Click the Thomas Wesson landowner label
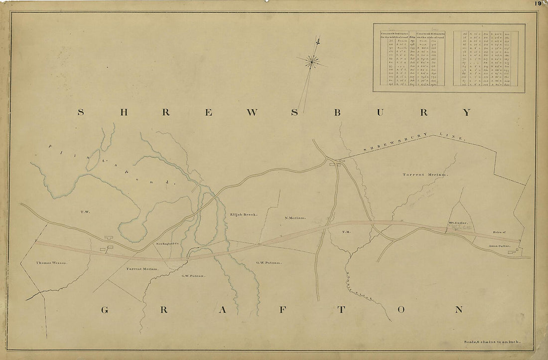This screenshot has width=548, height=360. [x=51, y=262]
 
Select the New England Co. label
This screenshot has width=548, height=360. [x=167, y=243]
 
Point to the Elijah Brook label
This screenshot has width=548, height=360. [x=243, y=214]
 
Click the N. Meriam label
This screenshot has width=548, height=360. [x=295, y=217]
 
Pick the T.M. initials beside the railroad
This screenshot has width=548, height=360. [x=347, y=232]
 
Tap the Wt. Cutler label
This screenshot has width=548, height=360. [x=457, y=223]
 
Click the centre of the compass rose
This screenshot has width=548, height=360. [x=312, y=61]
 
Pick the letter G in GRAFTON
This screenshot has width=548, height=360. [x=105, y=310]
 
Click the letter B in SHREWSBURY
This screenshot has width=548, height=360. [x=337, y=113]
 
